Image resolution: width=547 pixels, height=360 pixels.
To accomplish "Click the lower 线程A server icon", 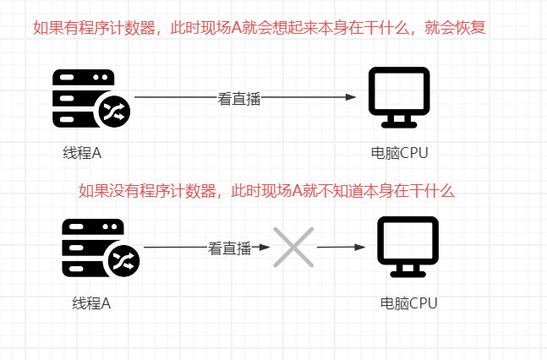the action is pyautogui.click(x=101, y=248).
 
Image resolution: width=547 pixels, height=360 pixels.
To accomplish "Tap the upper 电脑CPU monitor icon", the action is pyautogui.click(x=399, y=97).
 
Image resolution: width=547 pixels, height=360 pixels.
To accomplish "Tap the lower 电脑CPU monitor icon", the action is pyautogui.click(x=408, y=247).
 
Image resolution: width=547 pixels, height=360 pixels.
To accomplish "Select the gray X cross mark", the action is pyautogui.click(x=293, y=248).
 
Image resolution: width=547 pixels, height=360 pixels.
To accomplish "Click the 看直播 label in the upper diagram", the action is pyautogui.click(x=239, y=99).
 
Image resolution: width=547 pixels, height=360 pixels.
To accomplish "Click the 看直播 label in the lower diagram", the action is pyautogui.click(x=230, y=248).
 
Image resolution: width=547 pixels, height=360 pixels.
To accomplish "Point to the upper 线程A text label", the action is pyautogui.click(x=82, y=153).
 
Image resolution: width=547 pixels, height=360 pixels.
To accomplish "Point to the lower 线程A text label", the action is pyautogui.click(x=91, y=303).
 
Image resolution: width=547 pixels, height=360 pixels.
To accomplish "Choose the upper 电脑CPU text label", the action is pyautogui.click(x=399, y=153).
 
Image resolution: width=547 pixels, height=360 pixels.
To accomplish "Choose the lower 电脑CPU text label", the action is pyautogui.click(x=408, y=303).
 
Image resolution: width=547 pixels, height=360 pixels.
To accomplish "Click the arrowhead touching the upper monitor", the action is pyautogui.click(x=351, y=97).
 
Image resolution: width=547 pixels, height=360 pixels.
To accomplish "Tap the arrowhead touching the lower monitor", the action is pyautogui.click(x=359, y=247).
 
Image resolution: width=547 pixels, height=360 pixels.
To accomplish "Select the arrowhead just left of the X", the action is pyautogui.click(x=265, y=247).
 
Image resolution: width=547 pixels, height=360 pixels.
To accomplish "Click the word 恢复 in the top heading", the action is pyautogui.click(x=470, y=28).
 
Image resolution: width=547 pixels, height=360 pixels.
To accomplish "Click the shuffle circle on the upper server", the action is pyautogui.click(x=114, y=112).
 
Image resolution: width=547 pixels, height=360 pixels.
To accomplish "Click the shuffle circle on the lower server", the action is pyautogui.click(x=123, y=261).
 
